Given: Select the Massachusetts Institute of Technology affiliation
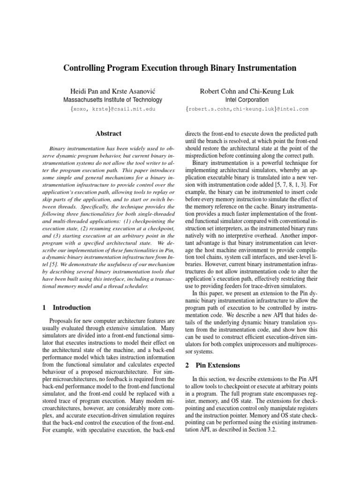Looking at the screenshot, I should coord(113,100).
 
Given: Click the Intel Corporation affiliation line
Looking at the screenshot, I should coord(247,100).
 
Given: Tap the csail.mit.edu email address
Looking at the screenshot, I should coord(113,109).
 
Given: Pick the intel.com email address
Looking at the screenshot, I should coord(247,109).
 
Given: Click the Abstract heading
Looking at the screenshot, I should coord(108,134).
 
